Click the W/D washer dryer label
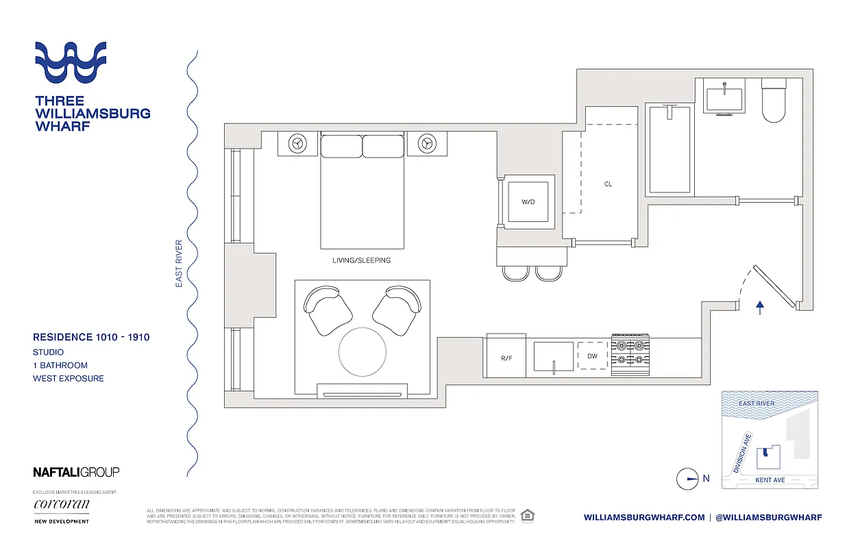pyautogui.click(x=528, y=201)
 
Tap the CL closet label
pyautogui.click(x=608, y=184)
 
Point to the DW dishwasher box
pyautogui.click(x=592, y=356)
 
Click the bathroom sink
pyautogui.click(x=724, y=97)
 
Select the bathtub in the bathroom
pyautogui.click(x=670, y=149)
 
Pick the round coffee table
pyautogui.click(x=363, y=351)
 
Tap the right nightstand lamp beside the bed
pyautogui.click(x=427, y=143)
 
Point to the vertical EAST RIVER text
pyautogui.click(x=179, y=263)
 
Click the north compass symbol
pyautogui.click(x=687, y=479)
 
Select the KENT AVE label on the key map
pyautogui.click(x=770, y=480)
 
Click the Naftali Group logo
pyautogui.click(x=76, y=472)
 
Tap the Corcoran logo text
pyautogui.click(x=61, y=506)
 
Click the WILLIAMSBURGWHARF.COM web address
pyautogui.click(x=643, y=517)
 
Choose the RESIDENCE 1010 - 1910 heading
pyautogui.click(x=91, y=337)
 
